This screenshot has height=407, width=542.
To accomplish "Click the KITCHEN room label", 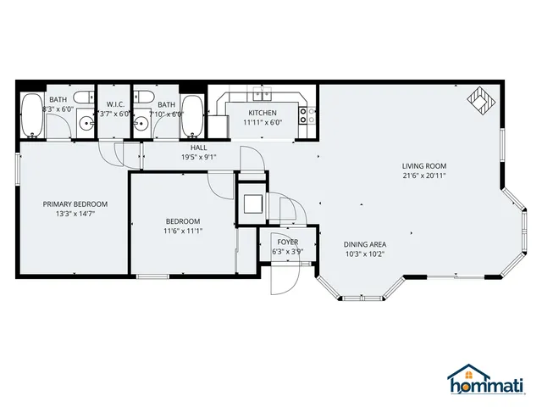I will (263, 113).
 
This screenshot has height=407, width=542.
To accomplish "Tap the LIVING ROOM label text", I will (424, 166).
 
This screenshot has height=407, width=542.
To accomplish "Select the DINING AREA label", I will (366, 244).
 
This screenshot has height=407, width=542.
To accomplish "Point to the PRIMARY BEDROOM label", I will (75, 204).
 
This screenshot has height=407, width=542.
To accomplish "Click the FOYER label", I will (288, 242).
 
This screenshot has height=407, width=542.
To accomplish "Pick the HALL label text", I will (199, 148).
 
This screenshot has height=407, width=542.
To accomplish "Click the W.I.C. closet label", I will (116, 104).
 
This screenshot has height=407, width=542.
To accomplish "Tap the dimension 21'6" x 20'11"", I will (424, 176).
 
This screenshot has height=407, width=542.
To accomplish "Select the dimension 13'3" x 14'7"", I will (75, 214).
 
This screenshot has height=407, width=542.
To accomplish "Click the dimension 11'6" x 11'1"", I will (183, 231).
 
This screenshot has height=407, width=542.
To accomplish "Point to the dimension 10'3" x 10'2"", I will (366, 254).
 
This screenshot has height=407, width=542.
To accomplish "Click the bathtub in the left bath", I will (32, 116).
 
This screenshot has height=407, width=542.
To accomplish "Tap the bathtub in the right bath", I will (193, 116).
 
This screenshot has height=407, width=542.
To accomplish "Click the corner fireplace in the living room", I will (480, 100).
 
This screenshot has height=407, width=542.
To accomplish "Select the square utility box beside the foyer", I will (252, 204).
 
